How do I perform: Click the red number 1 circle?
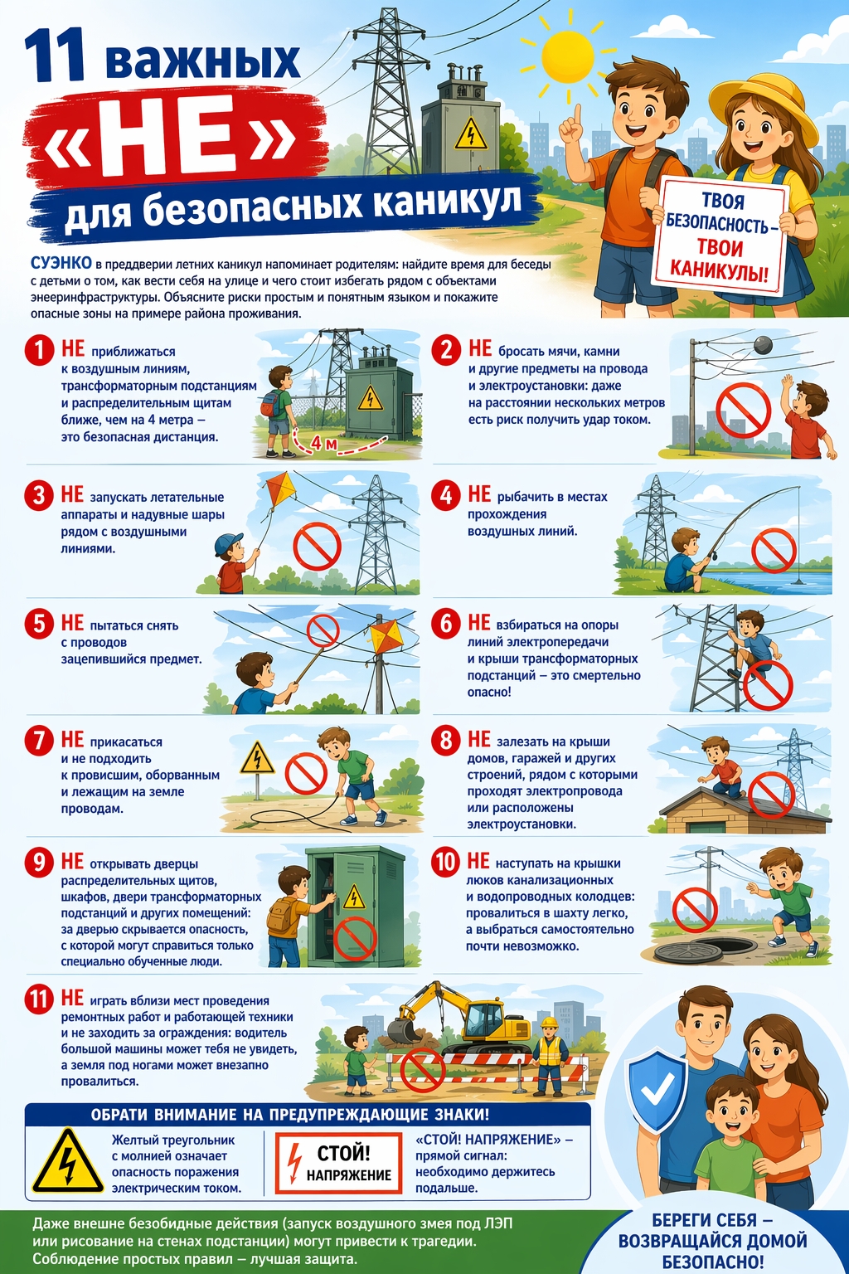pyautogui.click(x=39, y=350)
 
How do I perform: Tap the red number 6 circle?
pyautogui.click(x=446, y=624)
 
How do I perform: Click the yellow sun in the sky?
pyautogui.click(x=567, y=57)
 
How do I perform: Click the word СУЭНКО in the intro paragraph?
pyautogui.click(x=61, y=263)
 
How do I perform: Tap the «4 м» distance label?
pyautogui.click(x=322, y=443)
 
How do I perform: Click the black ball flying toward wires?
pyautogui.click(x=763, y=345)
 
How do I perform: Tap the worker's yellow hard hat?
pyautogui.click(x=550, y=1022)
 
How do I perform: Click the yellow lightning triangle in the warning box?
pyautogui.click(x=68, y=1161)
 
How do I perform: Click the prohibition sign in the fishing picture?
pyautogui.click(x=774, y=550)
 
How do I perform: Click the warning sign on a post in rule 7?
pyautogui.click(x=258, y=759)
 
